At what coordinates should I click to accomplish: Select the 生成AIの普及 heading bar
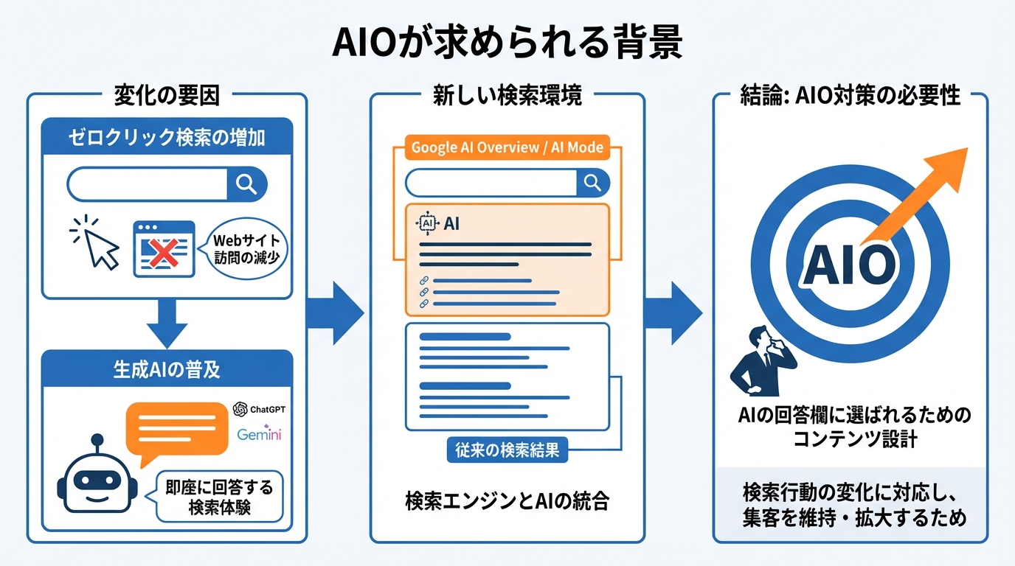tap(167, 369)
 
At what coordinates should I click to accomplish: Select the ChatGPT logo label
tap(257, 409)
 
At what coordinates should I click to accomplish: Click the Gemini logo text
tap(259, 434)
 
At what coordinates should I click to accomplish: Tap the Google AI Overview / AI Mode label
tap(507, 147)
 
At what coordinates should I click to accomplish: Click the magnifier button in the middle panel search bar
tap(592, 182)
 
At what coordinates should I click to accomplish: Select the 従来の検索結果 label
tap(507, 450)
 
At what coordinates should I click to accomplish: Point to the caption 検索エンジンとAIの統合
tap(507, 501)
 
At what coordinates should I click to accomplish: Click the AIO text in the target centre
tap(848, 264)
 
